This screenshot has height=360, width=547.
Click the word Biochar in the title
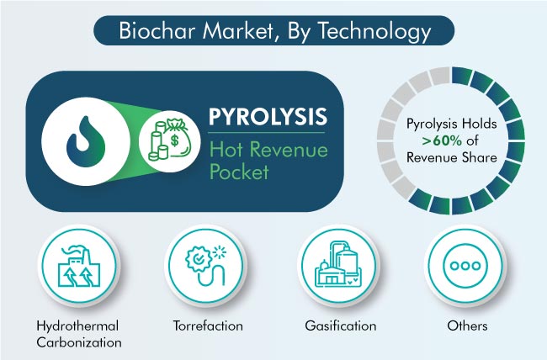[159, 30]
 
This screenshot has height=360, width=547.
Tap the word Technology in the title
[374, 32]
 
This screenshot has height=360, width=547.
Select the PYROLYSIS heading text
[268, 117]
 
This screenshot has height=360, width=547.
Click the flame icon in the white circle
[86, 141]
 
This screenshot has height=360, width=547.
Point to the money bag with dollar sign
[178, 139]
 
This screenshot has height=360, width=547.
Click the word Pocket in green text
[239, 172]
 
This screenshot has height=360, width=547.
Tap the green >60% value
[442, 140]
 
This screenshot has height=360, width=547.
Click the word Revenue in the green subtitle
[289, 150]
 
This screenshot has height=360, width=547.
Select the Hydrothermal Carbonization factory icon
[79, 267]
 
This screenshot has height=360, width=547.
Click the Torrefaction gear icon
[206, 266]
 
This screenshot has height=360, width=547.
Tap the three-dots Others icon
[465, 266]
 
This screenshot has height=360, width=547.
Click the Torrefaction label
[208, 326]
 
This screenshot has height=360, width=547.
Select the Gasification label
[341, 326]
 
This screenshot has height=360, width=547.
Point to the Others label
[467, 326]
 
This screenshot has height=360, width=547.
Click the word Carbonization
[79, 342]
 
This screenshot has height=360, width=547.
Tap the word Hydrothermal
[77, 326]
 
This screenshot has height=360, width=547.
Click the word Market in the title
[241, 31]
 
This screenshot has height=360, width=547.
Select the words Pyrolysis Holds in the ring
[451, 124]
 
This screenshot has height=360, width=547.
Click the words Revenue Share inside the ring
[451, 157]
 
